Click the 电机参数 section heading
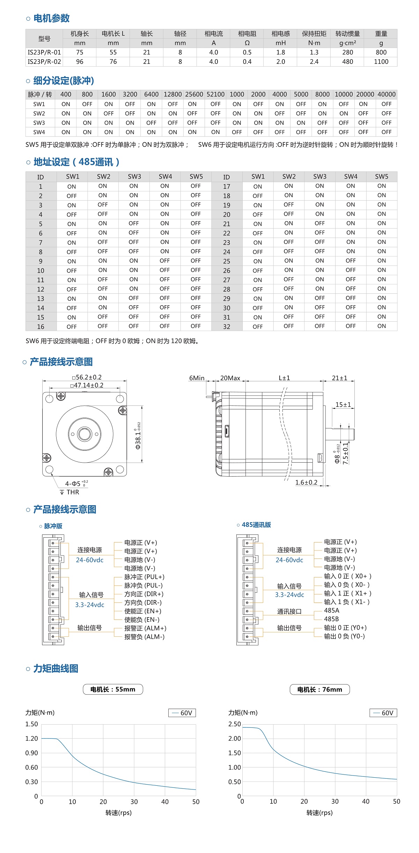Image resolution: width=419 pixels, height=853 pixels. (51, 18)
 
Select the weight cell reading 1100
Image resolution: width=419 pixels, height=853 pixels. (381, 62)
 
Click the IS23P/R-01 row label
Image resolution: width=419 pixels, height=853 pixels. (44, 52)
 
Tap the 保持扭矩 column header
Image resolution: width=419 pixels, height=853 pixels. (314, 34)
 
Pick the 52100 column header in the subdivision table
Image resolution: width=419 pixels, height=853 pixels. (215, 95)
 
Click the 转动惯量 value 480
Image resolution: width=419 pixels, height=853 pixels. (347, 62)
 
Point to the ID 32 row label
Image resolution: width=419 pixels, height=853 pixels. (227, 327)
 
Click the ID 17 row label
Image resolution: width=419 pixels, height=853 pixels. (227, 187)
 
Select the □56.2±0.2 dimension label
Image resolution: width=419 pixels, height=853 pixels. (87, 377)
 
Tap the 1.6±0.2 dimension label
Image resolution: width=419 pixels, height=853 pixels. (306, 482)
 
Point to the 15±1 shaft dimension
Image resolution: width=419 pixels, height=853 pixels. (343, 405)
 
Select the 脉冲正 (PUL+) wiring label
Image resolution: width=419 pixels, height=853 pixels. (144, 577)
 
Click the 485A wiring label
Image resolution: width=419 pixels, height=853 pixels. (331, 611)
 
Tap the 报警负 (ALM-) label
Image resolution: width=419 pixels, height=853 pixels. (144, 637)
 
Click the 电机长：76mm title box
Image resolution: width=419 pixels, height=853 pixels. (319, 689)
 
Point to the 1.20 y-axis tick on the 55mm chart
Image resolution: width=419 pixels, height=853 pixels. (32, 739)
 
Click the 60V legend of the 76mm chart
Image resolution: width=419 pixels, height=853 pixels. (383, 713)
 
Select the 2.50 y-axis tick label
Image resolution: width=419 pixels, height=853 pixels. (235, 724)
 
